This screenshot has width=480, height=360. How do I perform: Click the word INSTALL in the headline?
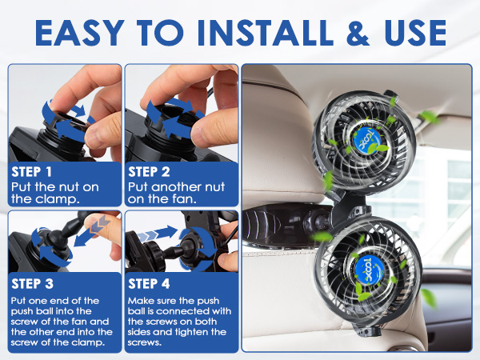pos(266,33)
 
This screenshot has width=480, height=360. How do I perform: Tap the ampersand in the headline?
pos(358,33)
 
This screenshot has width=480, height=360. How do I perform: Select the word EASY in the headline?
pos(79,33)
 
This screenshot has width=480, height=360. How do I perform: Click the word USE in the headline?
pos(415,33)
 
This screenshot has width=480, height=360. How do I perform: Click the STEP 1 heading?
pos(31,172)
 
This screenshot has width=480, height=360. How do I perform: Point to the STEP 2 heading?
pos(149,172)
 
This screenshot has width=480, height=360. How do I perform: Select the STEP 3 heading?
pos(32,284)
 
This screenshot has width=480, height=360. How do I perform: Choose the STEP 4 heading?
pos(149,284)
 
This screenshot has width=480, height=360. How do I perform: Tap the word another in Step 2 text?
pos(177,186)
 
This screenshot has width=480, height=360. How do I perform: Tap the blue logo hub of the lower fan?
pos(370,271)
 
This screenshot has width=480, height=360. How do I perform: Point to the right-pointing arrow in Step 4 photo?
pos(158,234)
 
